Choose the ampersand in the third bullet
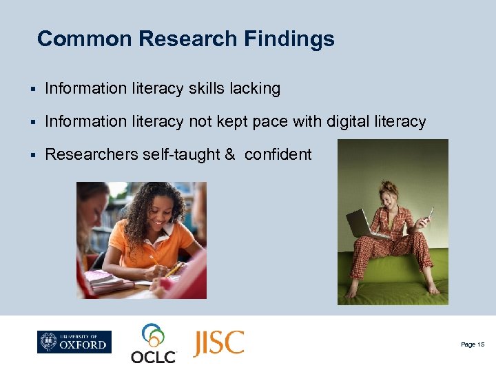(229, 154)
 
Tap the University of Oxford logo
(74, 342)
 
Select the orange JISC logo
(218, 342)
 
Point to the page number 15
(472, 344)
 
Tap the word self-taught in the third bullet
(181, 154)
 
